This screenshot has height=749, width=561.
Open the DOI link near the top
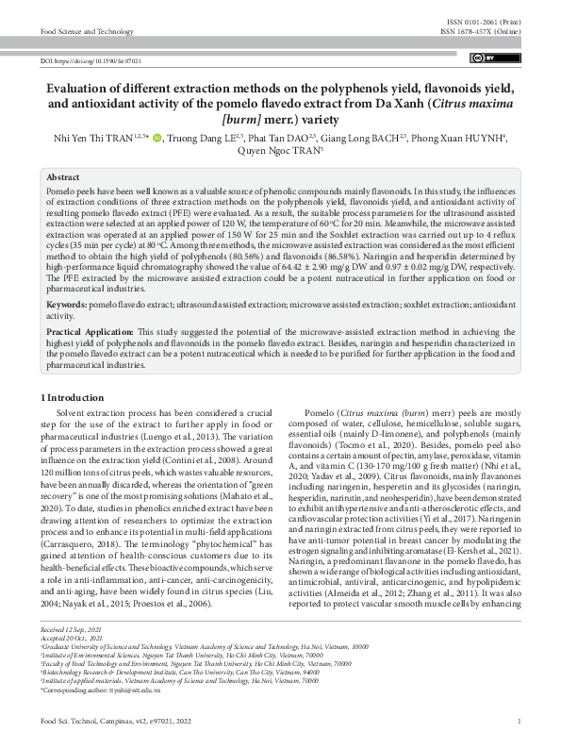tap(91, 60)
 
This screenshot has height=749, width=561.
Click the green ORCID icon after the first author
tap(156, 138)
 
